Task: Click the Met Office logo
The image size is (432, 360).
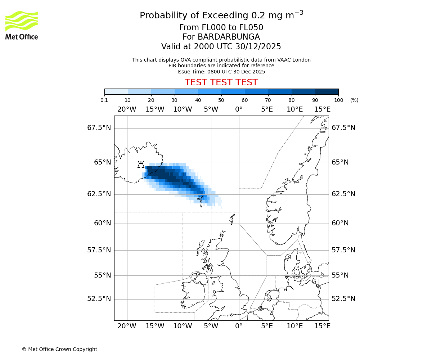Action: point(22,25)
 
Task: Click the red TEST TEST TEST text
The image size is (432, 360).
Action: point(221,82)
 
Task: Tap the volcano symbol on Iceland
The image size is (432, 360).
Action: point(141,165)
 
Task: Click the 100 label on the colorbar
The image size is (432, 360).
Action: point(338,100)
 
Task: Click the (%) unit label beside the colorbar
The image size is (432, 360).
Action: point(354,100)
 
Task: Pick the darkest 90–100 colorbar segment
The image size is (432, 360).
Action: point(327,91)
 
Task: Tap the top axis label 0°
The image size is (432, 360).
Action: point(239,109)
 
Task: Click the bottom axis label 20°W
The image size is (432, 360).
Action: point(127,326)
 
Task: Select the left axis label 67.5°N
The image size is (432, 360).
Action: point(99,128)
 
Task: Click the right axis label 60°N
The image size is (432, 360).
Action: point(340,223)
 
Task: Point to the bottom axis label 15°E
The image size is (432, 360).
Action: point(323,326)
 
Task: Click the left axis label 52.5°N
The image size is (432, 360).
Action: point(99,299)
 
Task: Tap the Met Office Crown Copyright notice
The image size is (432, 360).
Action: point(59,349)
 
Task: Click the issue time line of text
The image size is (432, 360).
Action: point(221,72)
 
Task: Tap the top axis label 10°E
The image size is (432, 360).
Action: point(294,109)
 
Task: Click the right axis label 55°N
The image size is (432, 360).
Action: point(340,275)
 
